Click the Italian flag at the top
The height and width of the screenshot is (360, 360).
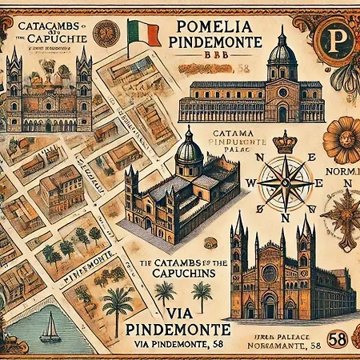tap(138, 33)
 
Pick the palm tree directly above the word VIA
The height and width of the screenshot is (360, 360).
tap(202, 293)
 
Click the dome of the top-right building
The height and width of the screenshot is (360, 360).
tap(282, 53)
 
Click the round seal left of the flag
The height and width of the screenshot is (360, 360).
tap(106, 34)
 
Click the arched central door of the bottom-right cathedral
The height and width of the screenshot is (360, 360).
tap(270, 306)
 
